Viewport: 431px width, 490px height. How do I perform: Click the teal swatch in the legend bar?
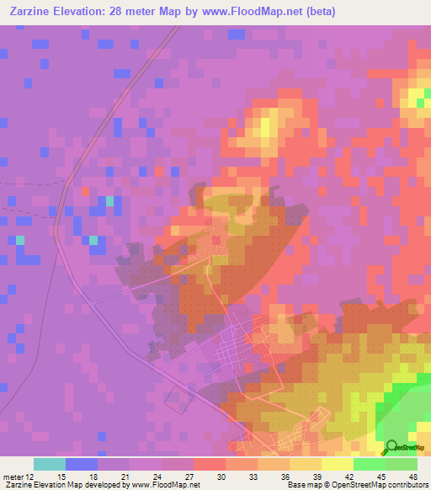(x=50, y=464)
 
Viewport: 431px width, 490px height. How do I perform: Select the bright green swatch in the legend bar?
(x=370, y=464)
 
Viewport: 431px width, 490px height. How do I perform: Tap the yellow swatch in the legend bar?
(x=338, y=464)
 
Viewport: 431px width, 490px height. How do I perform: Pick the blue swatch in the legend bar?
(x=82, y=464)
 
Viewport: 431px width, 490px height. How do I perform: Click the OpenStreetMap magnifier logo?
(x=392, y=447)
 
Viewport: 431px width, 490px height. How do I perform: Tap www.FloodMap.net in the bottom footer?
(x=164, y=485)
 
